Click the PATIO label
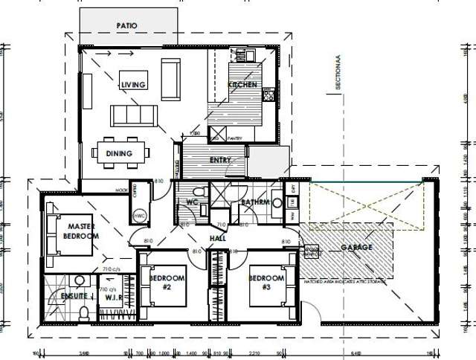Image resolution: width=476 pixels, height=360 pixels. [127, 25]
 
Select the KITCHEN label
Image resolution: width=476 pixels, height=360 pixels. [242, 85]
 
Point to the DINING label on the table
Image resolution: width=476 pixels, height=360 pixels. [119, 154]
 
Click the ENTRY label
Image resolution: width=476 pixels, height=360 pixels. [221, 160]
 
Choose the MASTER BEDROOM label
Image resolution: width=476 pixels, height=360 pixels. [83, 231]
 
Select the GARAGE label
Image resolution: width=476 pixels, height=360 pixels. [356, 247]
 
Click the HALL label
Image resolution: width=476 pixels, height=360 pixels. [217, 239]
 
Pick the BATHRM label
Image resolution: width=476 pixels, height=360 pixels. [254, 202]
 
